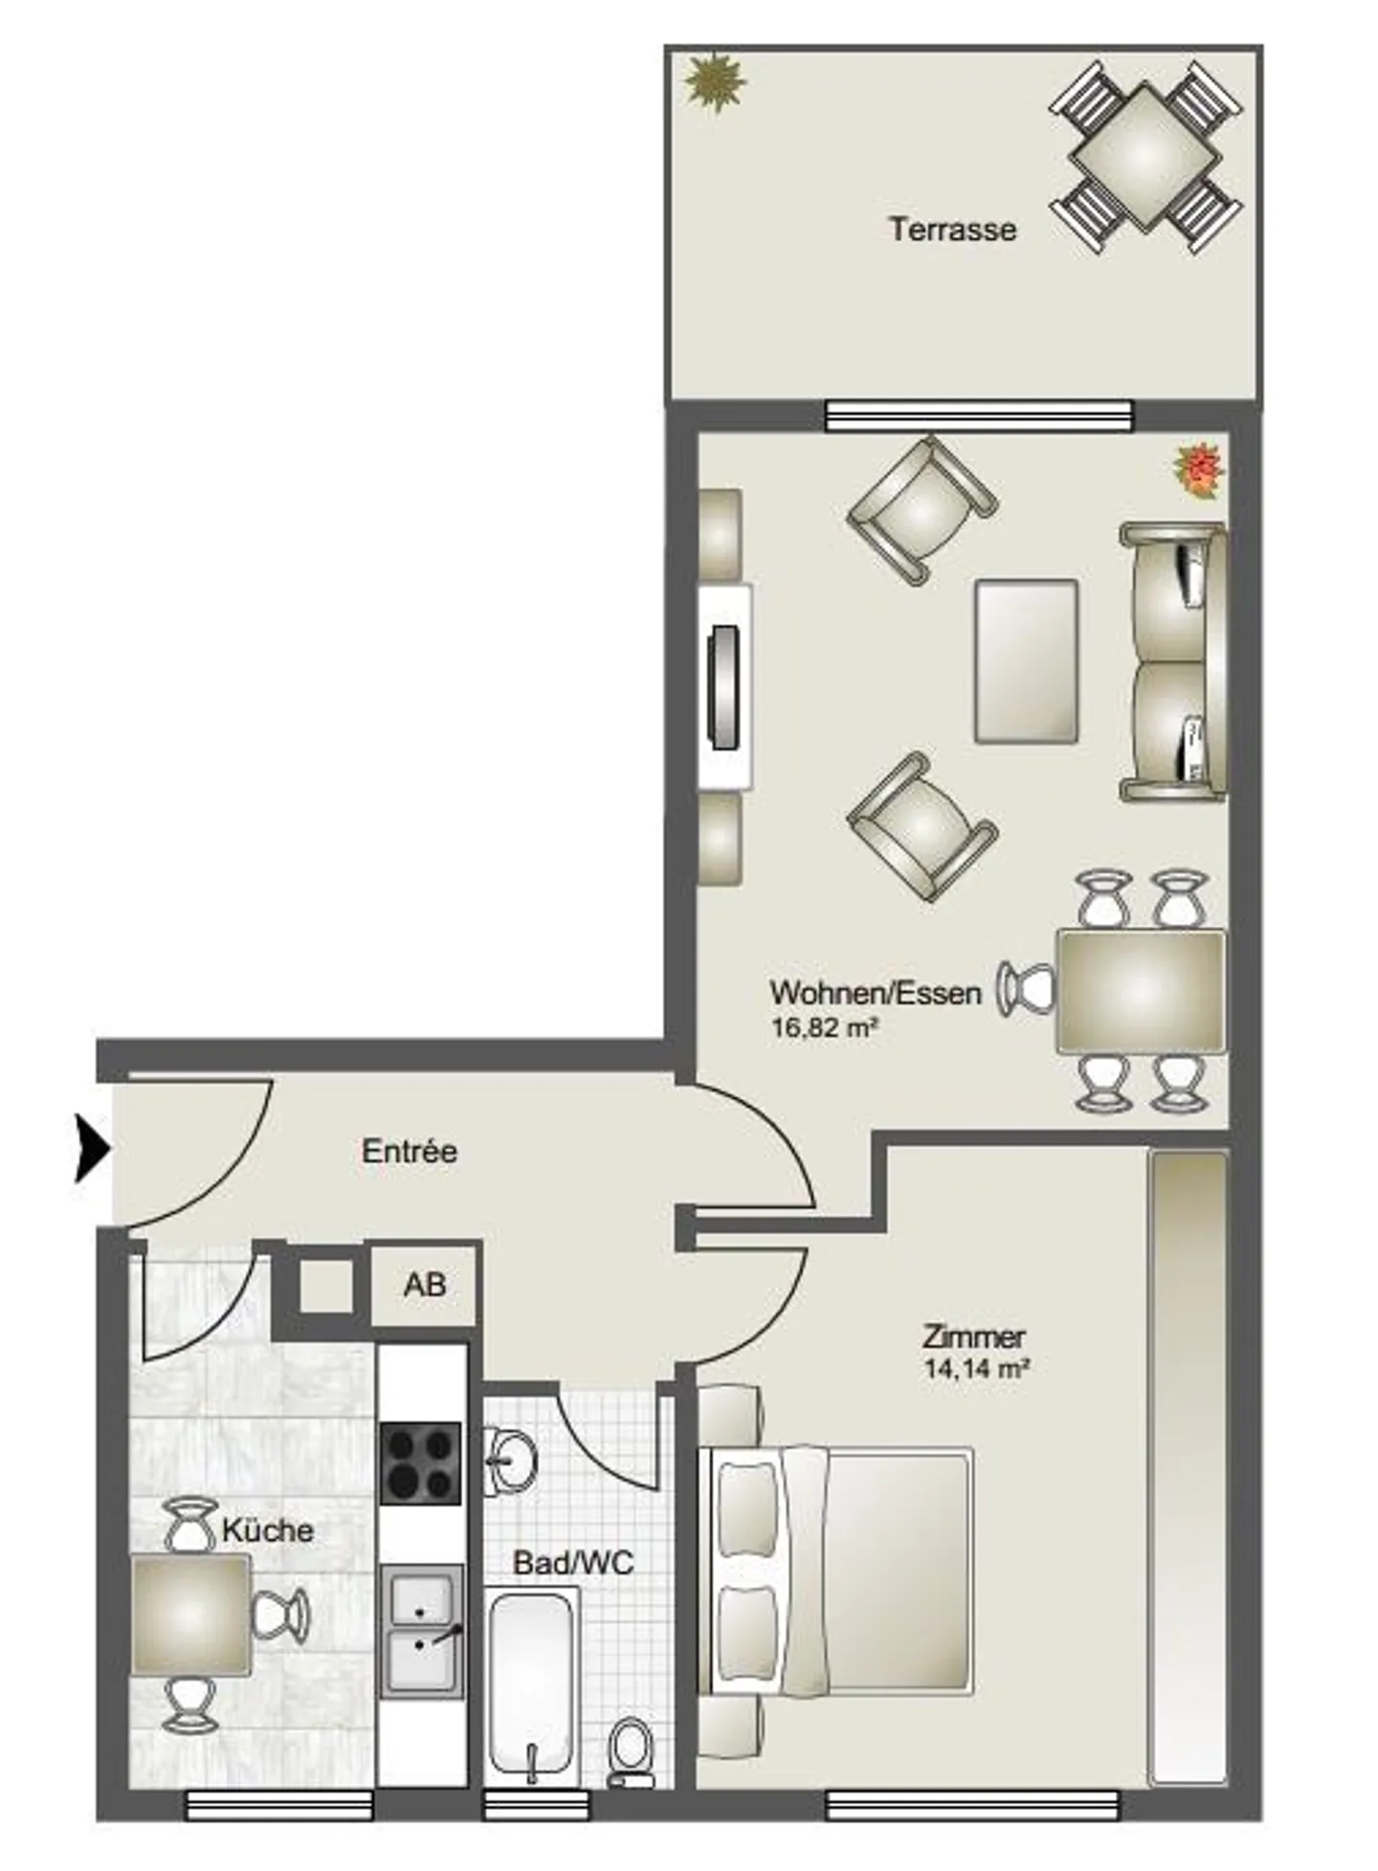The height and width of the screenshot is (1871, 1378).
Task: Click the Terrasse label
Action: (952, 230)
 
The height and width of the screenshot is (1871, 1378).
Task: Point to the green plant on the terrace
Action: (714, 83)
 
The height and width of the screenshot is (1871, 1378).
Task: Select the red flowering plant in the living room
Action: (1198, 470)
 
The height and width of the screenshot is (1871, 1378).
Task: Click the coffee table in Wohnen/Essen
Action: (1026, 661)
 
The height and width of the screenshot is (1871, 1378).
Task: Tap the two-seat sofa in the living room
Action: (1173, 661)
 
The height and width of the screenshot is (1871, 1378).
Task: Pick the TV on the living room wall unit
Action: (723, 687)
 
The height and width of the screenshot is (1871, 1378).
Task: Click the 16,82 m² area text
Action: (824, 1028)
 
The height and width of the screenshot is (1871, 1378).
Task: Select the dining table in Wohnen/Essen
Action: (1141, 992)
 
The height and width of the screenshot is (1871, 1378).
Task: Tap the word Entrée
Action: (410, 1151)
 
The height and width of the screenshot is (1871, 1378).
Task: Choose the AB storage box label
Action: (425, 1285)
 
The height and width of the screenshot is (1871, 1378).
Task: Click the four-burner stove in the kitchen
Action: (421, 1463)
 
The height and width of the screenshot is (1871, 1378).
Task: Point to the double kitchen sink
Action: (421, 1631)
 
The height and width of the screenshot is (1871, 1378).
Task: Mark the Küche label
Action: (268, 1530)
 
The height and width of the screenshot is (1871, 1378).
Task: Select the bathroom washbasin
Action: (509, 1461)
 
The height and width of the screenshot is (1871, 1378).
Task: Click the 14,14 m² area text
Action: (976, 1368)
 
